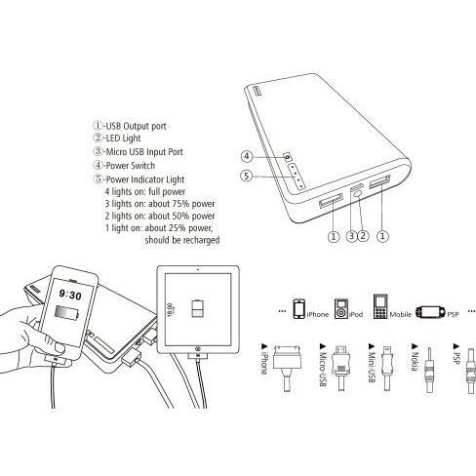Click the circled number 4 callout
(x=247, y=156)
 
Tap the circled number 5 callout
(x=246, y=176)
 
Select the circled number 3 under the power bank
(x=351, y=236)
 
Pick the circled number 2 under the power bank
(x=363, y=236)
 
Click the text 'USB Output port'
(x=136, y=126)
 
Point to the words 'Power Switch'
(x=131, y=166)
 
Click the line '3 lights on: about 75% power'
(x=160, y=204)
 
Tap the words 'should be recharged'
(x=182, y=240)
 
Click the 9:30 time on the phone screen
(x=70, y=295)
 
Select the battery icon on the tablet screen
(x=198, y=308)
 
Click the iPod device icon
(x=341, y=308)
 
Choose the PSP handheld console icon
(x=430, y=312)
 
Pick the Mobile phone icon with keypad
(x=380, y=306)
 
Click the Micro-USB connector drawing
(x=340, y=368)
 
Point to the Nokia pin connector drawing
(x=429, y=370)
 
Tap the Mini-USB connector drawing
(x=387, y=368)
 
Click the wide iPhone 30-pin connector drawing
(x=287, y=368)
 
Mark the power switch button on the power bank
(x=288, y=157)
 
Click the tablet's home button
(x=197, y=349)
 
